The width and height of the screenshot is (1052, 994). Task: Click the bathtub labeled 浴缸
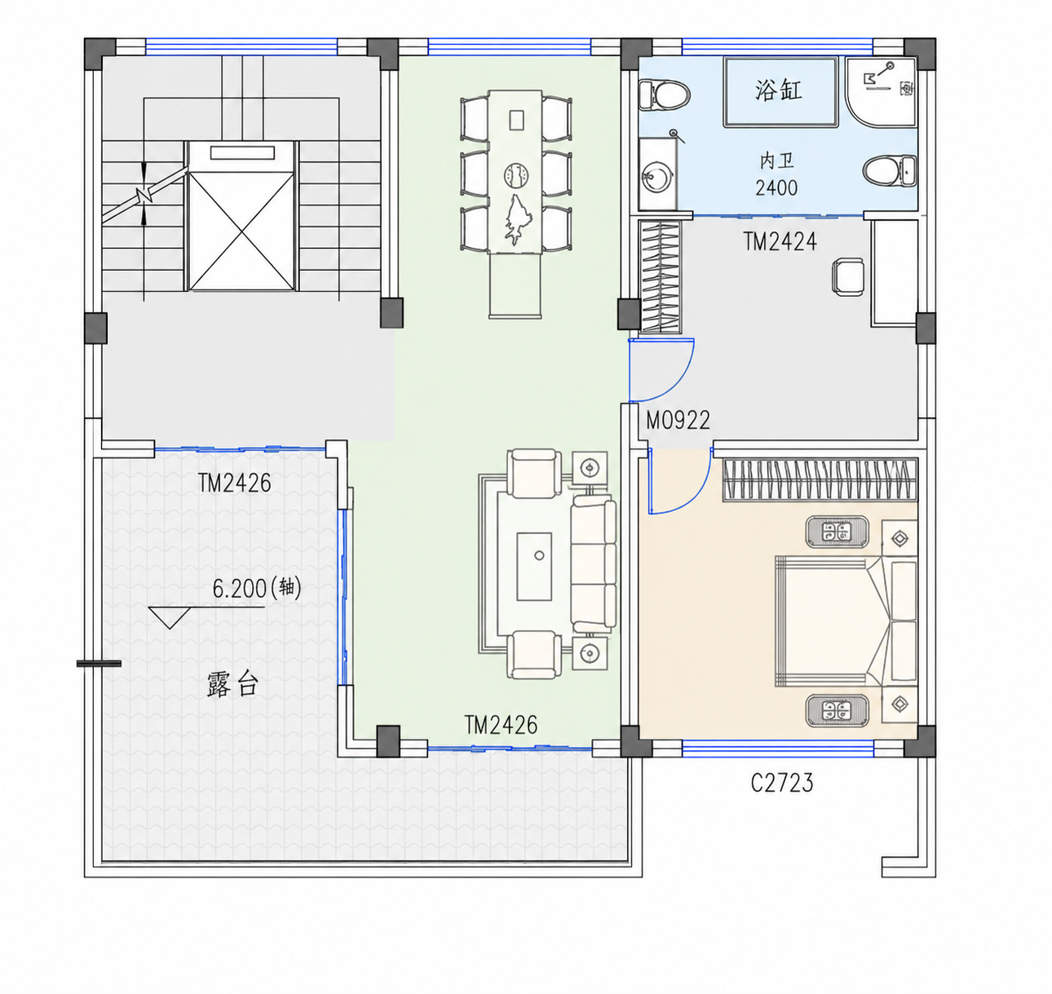(x=780, y=92)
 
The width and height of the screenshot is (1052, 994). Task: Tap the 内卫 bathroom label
(x=777, y=161)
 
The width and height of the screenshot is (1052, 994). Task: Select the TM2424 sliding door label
(x=780, y=241)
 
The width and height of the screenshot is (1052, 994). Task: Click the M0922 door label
(x=678, y=420)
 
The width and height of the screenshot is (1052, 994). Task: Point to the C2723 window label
(x=782, y=783)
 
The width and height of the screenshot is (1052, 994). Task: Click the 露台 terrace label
(x=232, y=684)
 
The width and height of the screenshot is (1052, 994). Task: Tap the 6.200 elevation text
(x=239, y=589)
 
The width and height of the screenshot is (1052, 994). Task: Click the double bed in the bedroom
(x=846, y=621)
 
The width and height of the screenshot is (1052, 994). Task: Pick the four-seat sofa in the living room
(x=593, y=563)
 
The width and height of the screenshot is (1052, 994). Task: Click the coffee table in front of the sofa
(x=534, y=567)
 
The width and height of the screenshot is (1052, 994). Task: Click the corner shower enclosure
(x=881, y=92)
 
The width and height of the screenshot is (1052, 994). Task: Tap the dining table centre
(x=515, y=172)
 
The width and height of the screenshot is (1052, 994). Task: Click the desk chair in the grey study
(x=848, y=276)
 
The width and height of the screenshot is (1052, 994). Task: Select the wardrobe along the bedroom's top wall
(x=820, y=480)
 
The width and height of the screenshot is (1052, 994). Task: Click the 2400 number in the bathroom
(x=776, y=188)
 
